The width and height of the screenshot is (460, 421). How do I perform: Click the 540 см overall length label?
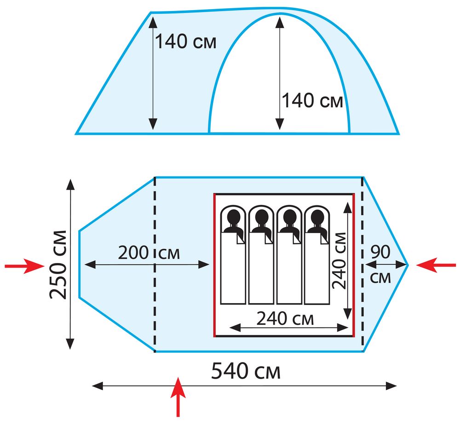pos(246,371)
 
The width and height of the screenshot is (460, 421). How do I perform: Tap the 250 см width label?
pos(58,265)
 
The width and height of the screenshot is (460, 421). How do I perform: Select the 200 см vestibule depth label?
pos(149,253)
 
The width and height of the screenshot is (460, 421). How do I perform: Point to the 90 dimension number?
pos(380,252)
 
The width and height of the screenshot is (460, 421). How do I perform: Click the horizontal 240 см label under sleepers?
pos(285,318)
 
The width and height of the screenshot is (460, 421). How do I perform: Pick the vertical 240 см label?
pos(339,261)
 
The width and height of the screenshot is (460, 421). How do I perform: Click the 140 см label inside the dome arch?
pos(312,100)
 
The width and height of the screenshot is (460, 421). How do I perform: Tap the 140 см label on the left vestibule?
pos(185,41)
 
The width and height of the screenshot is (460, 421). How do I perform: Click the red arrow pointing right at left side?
pos(24,266)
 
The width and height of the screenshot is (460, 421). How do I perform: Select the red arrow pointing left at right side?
pos(436,265)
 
